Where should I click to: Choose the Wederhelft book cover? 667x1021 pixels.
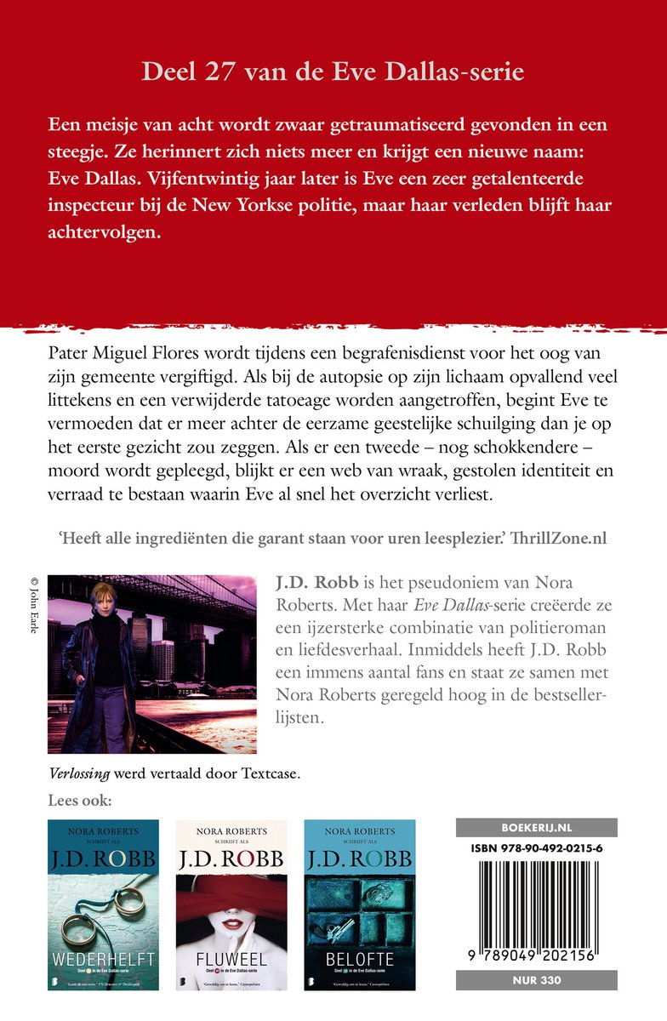click(103, 904)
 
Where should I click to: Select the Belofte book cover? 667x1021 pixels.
click(360, 904)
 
